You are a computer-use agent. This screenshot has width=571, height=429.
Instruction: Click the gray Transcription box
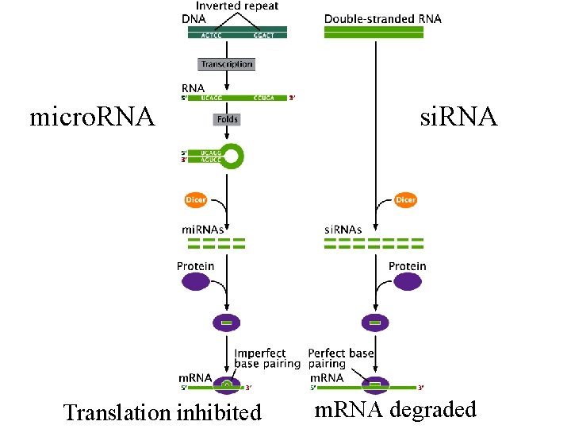point(227,64)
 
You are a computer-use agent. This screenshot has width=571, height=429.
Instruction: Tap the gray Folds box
point(226,119)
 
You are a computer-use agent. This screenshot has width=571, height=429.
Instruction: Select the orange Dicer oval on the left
point(195,199)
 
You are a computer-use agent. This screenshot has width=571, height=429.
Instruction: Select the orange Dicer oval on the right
point(405,199)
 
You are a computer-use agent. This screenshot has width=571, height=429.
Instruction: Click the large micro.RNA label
point(92,118)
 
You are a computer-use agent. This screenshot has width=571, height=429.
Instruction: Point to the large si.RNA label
point(458,118)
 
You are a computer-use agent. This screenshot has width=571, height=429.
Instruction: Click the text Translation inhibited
point(162,412)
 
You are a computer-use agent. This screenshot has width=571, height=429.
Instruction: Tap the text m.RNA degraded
point(395,409)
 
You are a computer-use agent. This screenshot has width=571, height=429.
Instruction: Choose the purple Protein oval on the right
point(407,281)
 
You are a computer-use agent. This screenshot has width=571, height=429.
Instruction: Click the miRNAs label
point(205,230)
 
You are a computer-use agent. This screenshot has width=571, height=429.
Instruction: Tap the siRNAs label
point(344,230)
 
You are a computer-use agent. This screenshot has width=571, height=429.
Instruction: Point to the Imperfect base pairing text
point(266,358)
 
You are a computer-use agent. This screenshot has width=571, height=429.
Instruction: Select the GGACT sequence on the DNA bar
point(263,35)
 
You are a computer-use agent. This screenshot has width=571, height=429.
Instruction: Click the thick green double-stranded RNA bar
point(374,31)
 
